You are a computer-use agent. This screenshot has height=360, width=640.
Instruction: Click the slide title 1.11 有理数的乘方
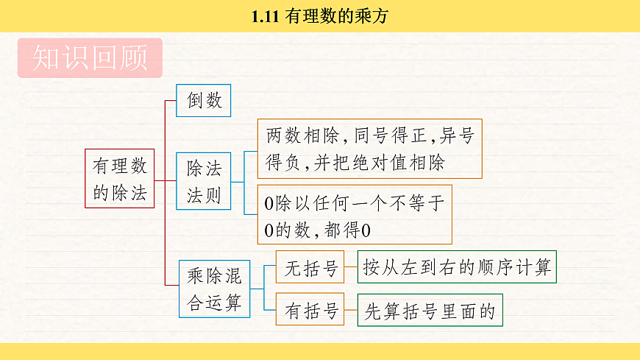pyautogui.click(x=319, y=15)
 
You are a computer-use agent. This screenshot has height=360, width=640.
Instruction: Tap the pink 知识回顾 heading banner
pyautogui.click(x=89, y=58)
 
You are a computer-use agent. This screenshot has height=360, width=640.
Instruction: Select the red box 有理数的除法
pyautogui.click(x=119, y=178)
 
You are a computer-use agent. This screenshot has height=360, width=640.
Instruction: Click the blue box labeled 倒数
pyautogui.click(x=203, y=100)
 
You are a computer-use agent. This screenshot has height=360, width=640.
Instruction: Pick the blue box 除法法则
pyautogui.click(x=203, y=182)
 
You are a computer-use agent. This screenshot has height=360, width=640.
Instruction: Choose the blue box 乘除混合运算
pyautogui.click(x=214, y=289)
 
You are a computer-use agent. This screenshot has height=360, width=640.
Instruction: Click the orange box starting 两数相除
pyautogui.click(x=369, y=149)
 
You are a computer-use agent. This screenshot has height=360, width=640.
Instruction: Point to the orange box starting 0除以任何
pyautogui.click(x=354, y=215)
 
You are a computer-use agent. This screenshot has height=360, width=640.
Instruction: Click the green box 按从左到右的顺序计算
pyautogui.click(x=456, y=267)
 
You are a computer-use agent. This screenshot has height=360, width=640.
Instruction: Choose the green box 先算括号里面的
pyautogui.click(x=430, y=310)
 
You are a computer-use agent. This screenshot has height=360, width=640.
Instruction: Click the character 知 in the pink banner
pyautogui.click(x=46, y=58)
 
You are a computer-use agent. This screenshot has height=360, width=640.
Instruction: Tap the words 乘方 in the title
pyautogui.click(x=374, y=15)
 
